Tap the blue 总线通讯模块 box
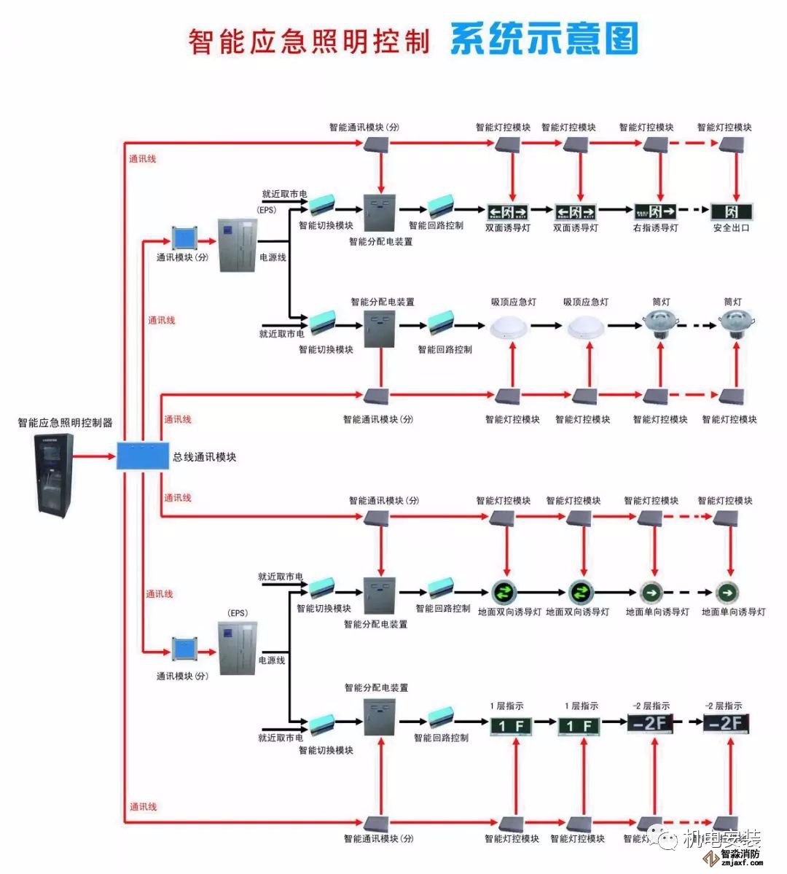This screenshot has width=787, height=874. coord(143,456)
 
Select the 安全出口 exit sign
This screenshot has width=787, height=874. coord(731,212)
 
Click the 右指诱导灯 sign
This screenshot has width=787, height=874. coord(654,212)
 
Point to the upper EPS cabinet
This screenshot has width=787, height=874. coord(238,245)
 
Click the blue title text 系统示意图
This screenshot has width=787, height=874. coord(544,39)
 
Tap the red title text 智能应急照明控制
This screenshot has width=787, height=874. coord(309,42)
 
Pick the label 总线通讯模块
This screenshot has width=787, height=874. coord(205,457)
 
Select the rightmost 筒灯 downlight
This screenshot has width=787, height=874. coord(736,323)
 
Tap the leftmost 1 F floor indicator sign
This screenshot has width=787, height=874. coord(510,726)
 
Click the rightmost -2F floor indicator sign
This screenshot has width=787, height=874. coord(726,723)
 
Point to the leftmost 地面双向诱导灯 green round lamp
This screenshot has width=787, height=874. coord(504,591)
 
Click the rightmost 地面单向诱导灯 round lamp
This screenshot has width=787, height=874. coord(727,592)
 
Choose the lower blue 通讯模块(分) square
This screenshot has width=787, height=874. coord(184,649)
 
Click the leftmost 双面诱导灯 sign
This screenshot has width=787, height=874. coord(507,212)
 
